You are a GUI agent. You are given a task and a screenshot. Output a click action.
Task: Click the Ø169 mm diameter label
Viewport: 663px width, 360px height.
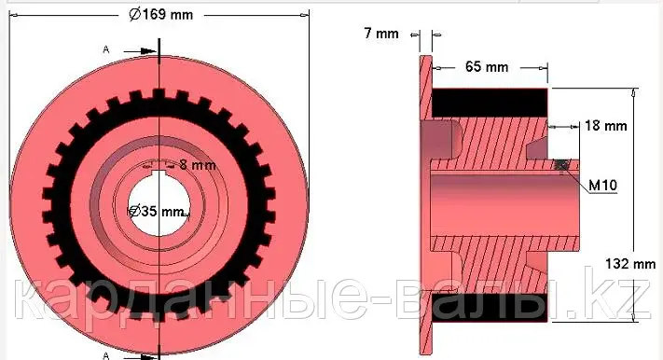point(160,15)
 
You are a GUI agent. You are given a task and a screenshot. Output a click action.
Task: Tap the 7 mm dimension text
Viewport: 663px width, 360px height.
point(381,33)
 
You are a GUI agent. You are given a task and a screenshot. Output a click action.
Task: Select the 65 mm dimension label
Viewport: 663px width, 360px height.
point(486,66)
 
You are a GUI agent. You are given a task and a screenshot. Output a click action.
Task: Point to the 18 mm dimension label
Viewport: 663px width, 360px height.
point(605,125)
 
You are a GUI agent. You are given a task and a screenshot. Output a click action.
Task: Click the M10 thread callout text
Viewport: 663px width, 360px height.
point(603,185)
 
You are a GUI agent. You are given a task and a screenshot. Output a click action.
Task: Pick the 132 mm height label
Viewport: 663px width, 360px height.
point(630,264)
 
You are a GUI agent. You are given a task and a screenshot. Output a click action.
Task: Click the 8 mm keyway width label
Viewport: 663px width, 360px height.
point(198,164)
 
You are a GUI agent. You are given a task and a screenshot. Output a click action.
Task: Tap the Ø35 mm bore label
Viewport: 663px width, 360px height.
point(157,211)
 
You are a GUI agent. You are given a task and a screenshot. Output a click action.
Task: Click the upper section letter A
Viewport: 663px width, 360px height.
point(106,50)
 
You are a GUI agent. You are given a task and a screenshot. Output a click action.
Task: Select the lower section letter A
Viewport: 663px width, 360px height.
point(106,355)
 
